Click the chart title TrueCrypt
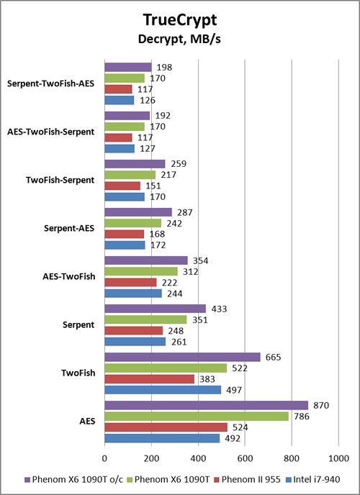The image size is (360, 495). tap(180, 21)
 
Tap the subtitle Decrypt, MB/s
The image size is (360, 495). tap(179, 40)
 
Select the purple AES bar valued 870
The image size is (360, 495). tap(206, 405)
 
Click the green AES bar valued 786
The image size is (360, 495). tap(197, 417)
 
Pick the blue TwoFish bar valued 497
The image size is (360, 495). tap(163, 390)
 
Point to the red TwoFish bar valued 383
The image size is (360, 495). tap(149, 379)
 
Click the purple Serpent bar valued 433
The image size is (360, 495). tap(155, 309)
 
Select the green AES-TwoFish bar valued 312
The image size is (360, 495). tap(141, 271)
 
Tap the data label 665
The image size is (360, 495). tap(273, 357)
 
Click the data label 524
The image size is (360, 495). tap(239, 427)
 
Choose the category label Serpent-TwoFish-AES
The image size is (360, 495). tap(50, 84)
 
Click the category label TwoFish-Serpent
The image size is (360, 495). tap(60, 181)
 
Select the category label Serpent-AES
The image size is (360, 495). tap(69, 228)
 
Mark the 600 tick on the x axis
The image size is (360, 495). tap(245, 458)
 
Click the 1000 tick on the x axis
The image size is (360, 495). tap(338, 458)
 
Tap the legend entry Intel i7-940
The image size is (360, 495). tap(312, 479)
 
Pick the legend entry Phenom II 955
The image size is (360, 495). tap(247, 479)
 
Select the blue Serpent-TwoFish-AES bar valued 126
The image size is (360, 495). tap(120, 101)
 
